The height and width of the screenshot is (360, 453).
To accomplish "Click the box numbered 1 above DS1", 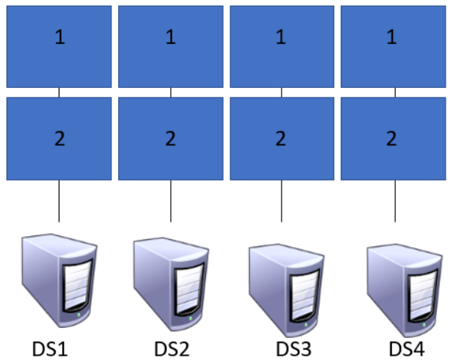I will pyautogui.click(x=59, y=47).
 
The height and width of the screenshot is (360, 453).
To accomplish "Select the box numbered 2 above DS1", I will pyautogui.click(x=59, y=139).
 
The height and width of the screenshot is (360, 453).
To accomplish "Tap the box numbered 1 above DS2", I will pyautogui.click(x=170, y=47).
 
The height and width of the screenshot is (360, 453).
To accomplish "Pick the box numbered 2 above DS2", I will pyautogui.click(x=170, y=139).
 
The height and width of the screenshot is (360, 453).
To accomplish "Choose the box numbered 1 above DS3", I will pyautogui.click(x=281, y=47).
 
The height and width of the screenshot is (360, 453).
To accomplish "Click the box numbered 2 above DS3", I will pyautogui.click(x=281, y=139).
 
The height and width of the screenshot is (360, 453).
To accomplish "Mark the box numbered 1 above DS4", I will pyautogui.click(x=393, y=47).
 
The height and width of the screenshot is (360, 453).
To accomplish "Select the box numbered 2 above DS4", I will pyautogui.click(x=393, y=139).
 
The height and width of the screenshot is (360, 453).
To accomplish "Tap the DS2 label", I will pyautogui.click(x=172, y=348).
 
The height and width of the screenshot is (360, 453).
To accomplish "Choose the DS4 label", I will pyautogui.click(x=406, y=348).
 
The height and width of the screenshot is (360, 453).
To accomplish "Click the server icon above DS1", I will pyautogui.click(x=59, y=279).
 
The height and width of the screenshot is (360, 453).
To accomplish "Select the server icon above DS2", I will pyautogui.click(x=171, y=279).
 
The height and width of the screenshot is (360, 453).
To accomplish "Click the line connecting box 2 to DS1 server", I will pyautogui.click(x=59, y=200).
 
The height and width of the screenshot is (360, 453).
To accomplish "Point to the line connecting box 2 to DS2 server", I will pyautogui.click(x=171, y=200).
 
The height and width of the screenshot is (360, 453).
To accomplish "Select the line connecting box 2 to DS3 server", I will pyautogui.click(x=281, y=200).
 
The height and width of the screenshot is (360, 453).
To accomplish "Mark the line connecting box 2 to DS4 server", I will pyautogui.click(x=395, y=200).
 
